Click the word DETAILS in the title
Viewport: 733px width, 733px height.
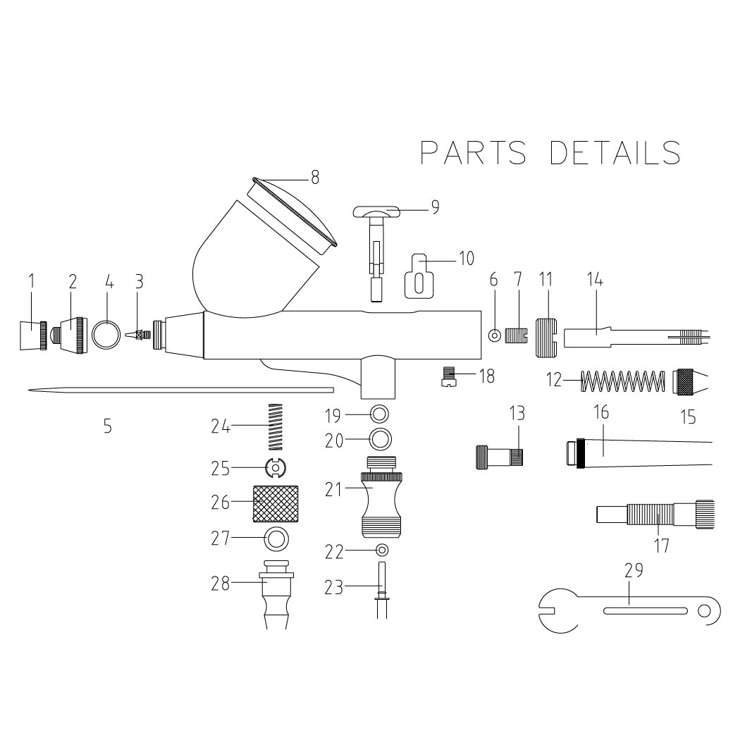[615, 152]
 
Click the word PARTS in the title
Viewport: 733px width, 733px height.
[473, 152]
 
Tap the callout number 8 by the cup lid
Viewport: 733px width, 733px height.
[314, 178]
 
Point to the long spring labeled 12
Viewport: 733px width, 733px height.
[624, 381]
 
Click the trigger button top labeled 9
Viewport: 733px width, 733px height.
[378, 211]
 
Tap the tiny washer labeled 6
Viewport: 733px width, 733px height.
[494, 335]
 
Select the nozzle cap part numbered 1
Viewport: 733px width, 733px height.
[33, 334]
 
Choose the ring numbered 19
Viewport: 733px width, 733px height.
[378, 412]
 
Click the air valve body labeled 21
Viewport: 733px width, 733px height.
[381, 495]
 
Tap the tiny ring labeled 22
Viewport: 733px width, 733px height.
[382, 550]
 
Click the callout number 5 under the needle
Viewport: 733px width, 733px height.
[107, 426]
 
